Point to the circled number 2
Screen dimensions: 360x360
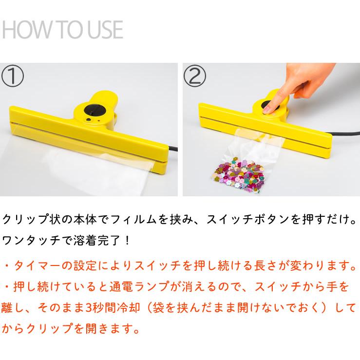(x=195, y=76)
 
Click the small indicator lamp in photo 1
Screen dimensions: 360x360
(x=89, y=119)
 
